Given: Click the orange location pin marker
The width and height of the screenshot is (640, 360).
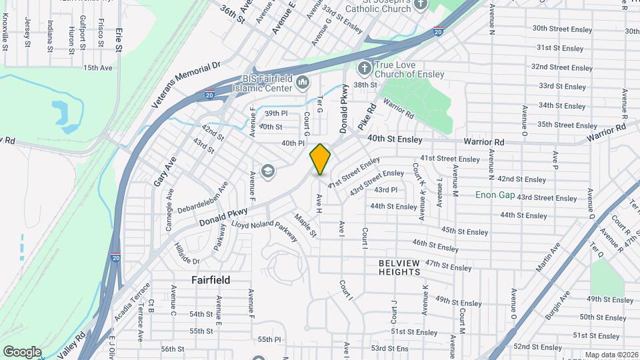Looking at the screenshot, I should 321,159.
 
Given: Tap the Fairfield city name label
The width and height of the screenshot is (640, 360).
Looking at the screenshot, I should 211,280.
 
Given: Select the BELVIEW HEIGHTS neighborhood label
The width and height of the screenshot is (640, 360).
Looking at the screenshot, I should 399,267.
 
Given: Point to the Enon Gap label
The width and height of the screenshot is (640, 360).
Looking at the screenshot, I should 495,195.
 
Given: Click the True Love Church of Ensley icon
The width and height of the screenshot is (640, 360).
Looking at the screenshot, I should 364,68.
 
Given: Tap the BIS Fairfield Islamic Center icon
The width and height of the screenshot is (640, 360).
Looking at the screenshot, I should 302,83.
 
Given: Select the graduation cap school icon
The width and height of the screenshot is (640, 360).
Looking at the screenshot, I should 268,172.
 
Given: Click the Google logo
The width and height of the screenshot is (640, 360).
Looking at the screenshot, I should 22,351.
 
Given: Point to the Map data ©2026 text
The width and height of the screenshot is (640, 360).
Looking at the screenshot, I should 611,355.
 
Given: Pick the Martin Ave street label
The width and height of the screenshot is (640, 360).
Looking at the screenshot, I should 547,257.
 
